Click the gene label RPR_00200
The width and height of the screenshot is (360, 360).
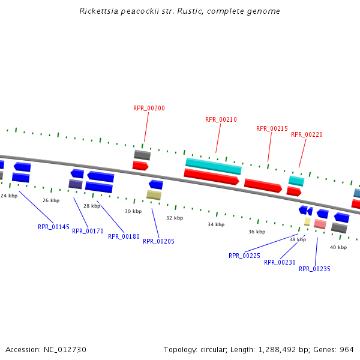click(x=149, y=109)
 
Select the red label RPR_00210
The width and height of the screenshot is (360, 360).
click(x=221, y=120)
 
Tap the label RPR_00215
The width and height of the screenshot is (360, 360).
click(x=272, y=129)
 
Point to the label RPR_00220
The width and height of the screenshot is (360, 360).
click(x=307, y=135)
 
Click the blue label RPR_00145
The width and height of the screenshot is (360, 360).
click(x=53, y=227)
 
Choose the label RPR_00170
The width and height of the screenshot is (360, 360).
click(x=88, y=232)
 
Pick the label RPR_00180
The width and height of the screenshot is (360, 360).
click(x=124, y=237)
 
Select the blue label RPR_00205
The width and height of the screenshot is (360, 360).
click(x=159, y=242)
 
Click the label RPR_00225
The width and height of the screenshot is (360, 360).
click(x=244, y=256)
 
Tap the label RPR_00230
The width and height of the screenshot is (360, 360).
click(x=280, y=263)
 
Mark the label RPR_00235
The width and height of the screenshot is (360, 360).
click(x=314, y=269)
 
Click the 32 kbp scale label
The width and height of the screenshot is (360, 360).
click(x=175, y=218)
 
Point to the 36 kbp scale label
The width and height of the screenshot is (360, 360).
click(x=257, y=232)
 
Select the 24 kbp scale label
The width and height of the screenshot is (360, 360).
click(x=9, y=196)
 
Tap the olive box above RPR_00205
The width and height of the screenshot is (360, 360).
click(x=154, y=195)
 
